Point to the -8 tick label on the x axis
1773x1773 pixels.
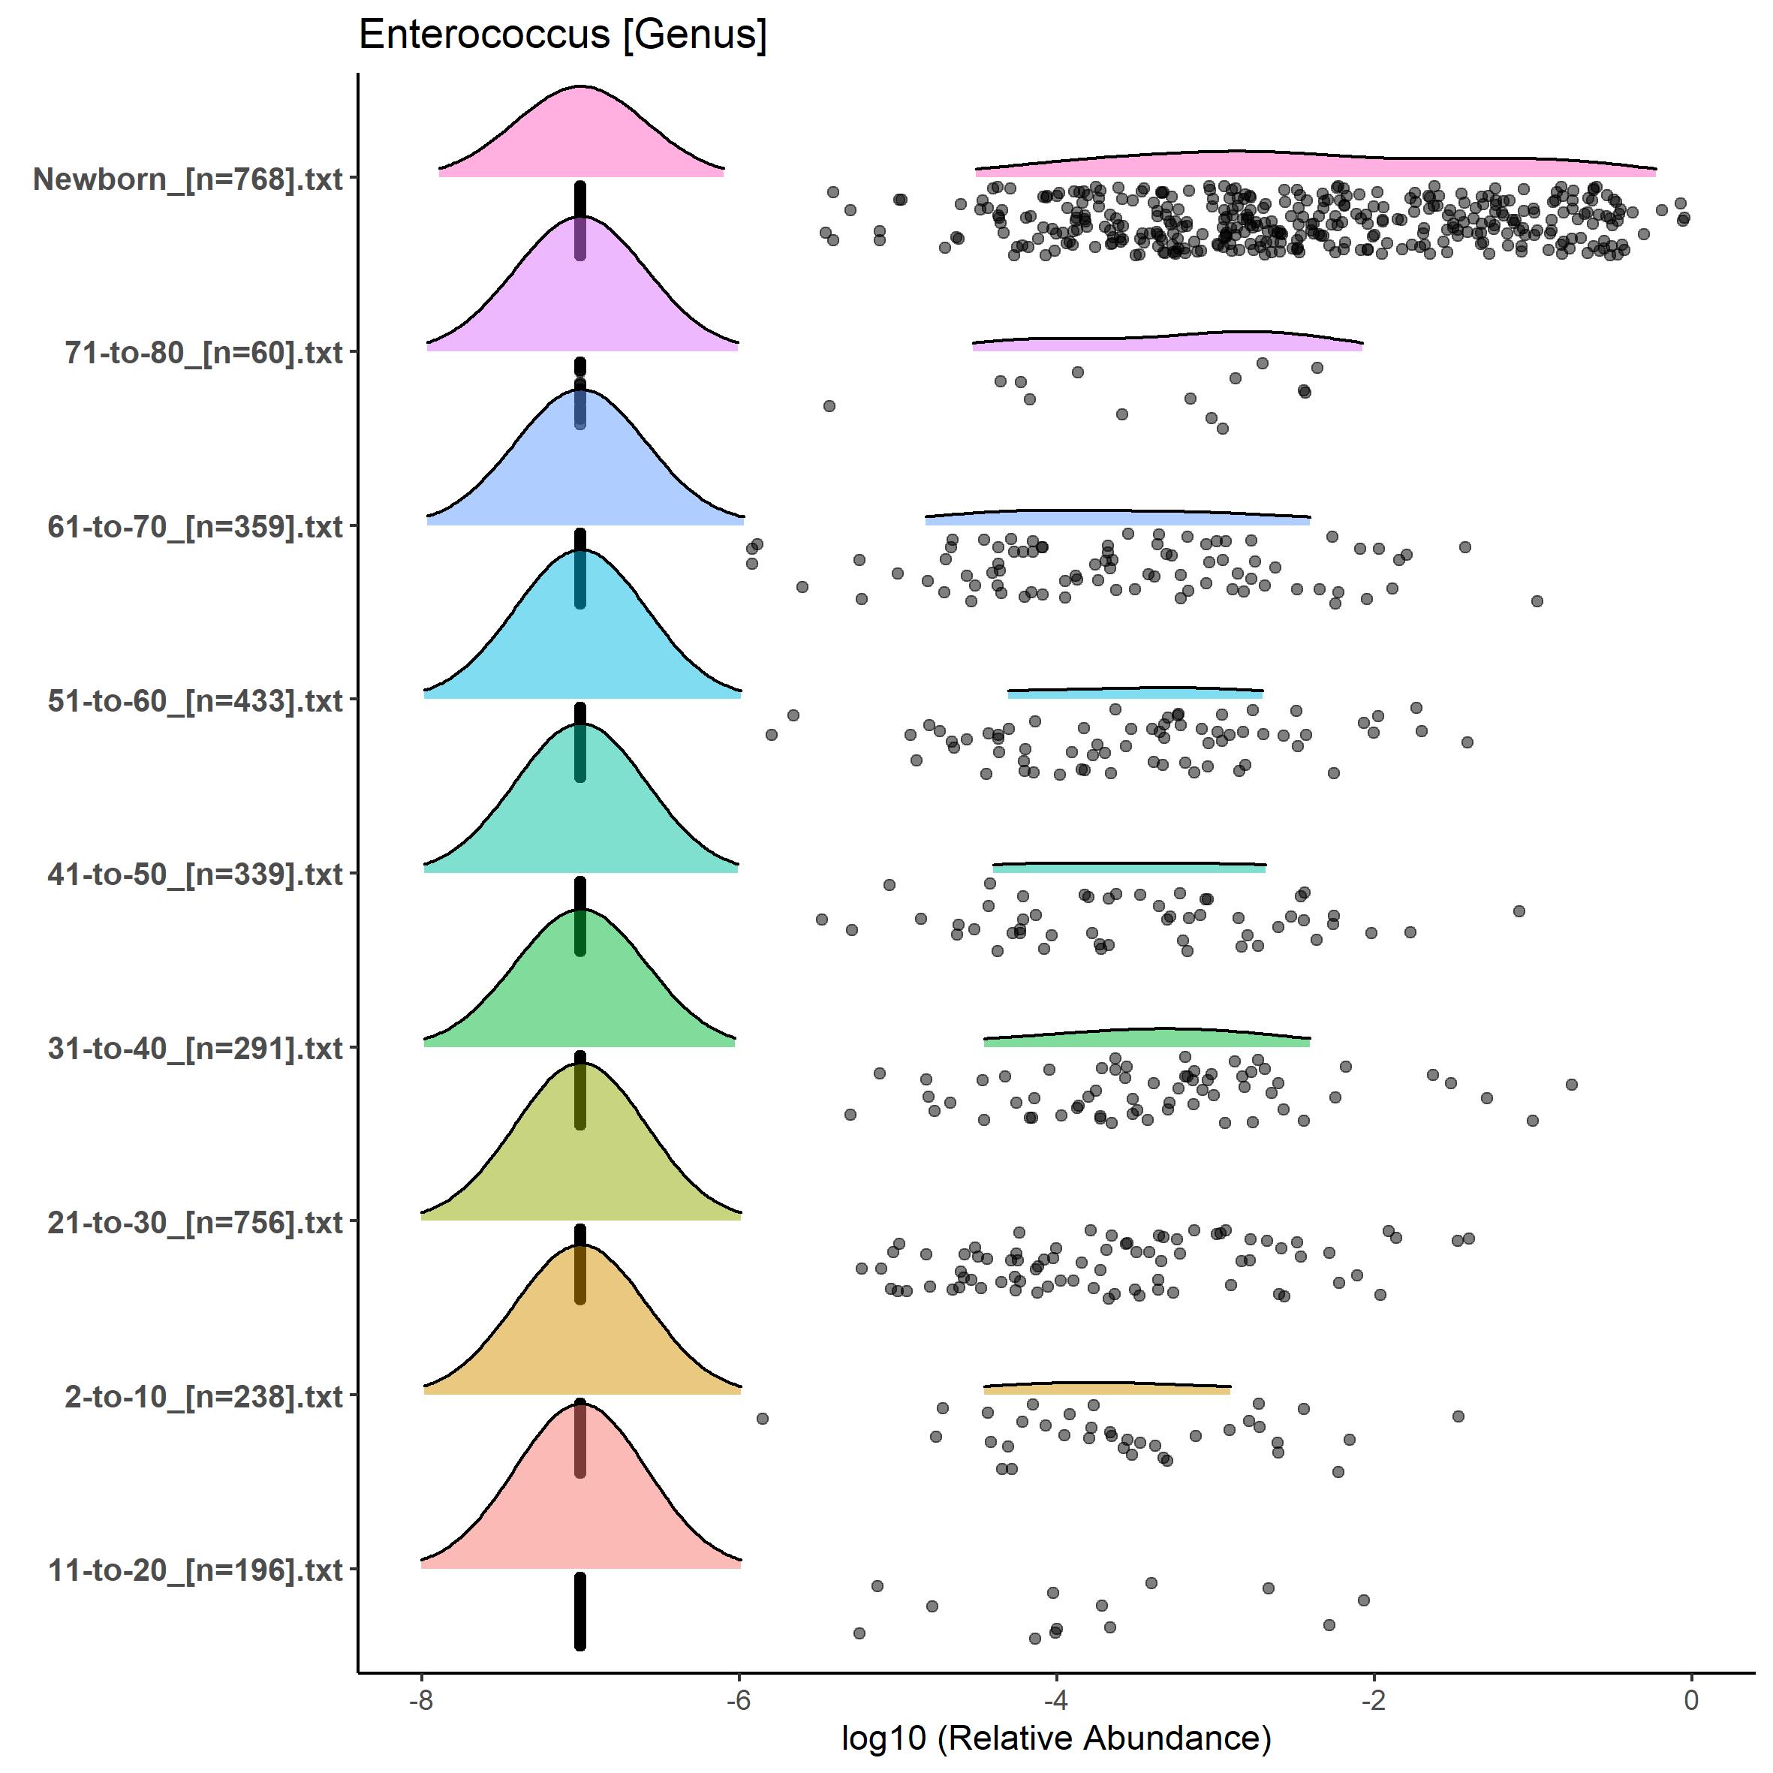coord(420,1699)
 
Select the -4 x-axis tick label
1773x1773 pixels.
coord(1056,1699)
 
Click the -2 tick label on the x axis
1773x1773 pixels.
coord(1374,1699)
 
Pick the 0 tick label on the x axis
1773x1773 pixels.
coord(1691,1699)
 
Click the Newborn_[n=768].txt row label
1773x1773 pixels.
coord(188,179)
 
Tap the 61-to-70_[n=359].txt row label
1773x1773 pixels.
coord(195,527)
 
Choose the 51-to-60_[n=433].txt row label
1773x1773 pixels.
coord(195,700)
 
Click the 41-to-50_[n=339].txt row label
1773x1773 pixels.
coord(195,874)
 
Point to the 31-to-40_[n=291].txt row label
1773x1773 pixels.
coord(195,1048)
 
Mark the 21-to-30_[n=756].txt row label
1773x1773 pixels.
coord(195,1222)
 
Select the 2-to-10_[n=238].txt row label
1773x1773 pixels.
coord(203,1396)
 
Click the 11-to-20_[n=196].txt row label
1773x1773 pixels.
coord(195,1570)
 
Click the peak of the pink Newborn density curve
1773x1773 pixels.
coord(580,86)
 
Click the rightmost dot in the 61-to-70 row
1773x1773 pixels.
coord(1537,601)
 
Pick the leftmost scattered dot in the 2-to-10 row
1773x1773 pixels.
coord(762,1419)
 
